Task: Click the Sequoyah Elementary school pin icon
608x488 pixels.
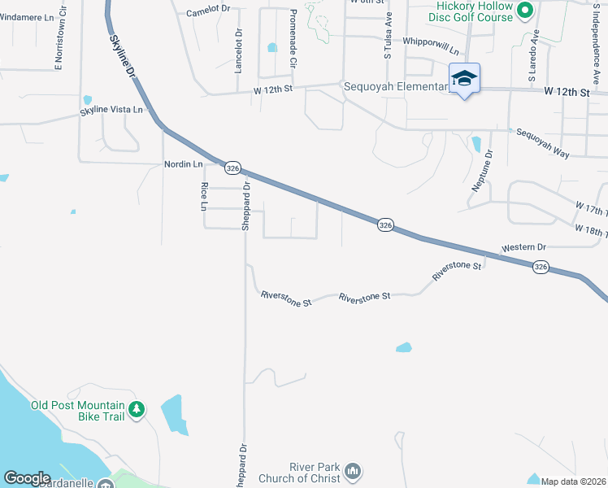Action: coord(464,79)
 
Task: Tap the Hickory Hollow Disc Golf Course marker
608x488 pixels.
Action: coord(524,11)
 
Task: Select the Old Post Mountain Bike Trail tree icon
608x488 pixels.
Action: coord(138,408)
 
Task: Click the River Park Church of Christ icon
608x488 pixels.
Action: coord(352,471)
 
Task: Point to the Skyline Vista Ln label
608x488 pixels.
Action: coord(111,110)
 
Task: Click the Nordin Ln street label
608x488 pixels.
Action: coord(183,164)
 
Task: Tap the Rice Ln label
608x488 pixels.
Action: coord(204,197)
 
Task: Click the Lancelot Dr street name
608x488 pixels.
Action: coord(239,51)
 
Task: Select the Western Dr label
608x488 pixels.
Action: coord(524,246)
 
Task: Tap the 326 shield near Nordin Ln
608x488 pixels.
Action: coord(232,168)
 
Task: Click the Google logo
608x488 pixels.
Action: coord(27,478)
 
